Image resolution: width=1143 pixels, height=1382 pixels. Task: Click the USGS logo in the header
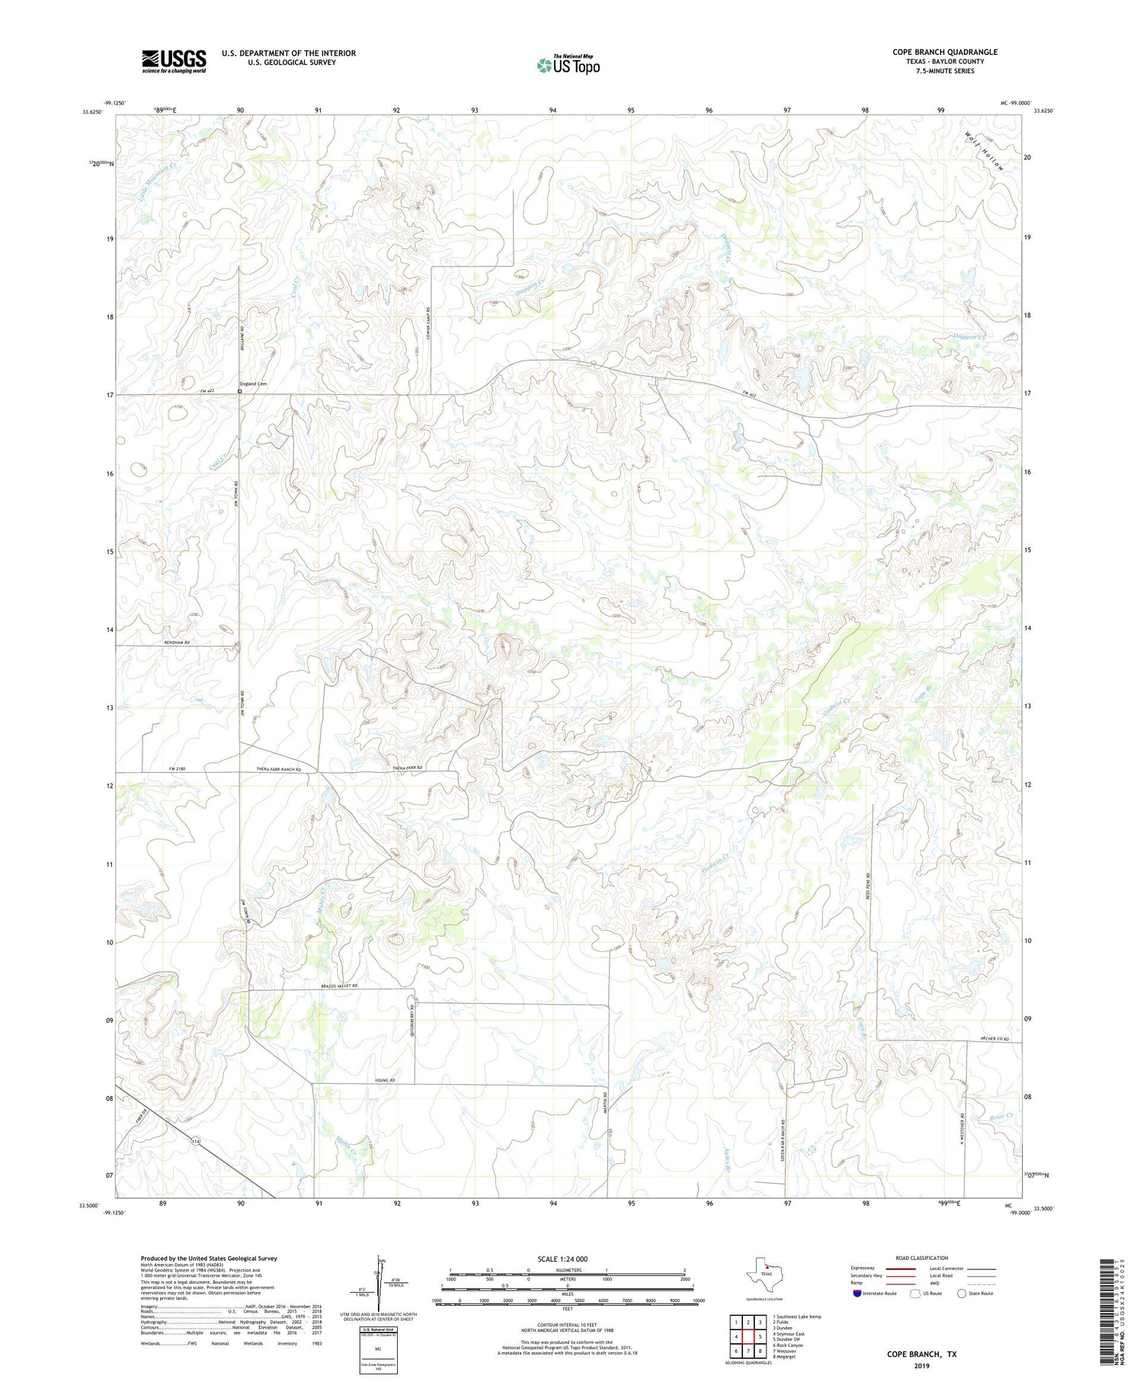click(x=174, y=61)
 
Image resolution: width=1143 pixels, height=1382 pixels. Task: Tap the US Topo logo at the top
click(x=568, y=66)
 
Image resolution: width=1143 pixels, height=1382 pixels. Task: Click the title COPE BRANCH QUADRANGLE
click(x=945, y=52)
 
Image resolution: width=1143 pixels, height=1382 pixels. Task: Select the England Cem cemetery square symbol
click(x=239, y=392)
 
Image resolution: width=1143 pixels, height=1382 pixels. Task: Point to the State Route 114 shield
click(x=196, y=1141)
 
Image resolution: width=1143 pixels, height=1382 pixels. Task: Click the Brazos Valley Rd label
click(x=338, y=986)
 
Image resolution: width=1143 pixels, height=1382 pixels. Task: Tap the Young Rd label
click(x=387, y=1081)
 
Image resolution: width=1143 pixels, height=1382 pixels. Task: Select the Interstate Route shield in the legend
click(x=858, y=1293)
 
